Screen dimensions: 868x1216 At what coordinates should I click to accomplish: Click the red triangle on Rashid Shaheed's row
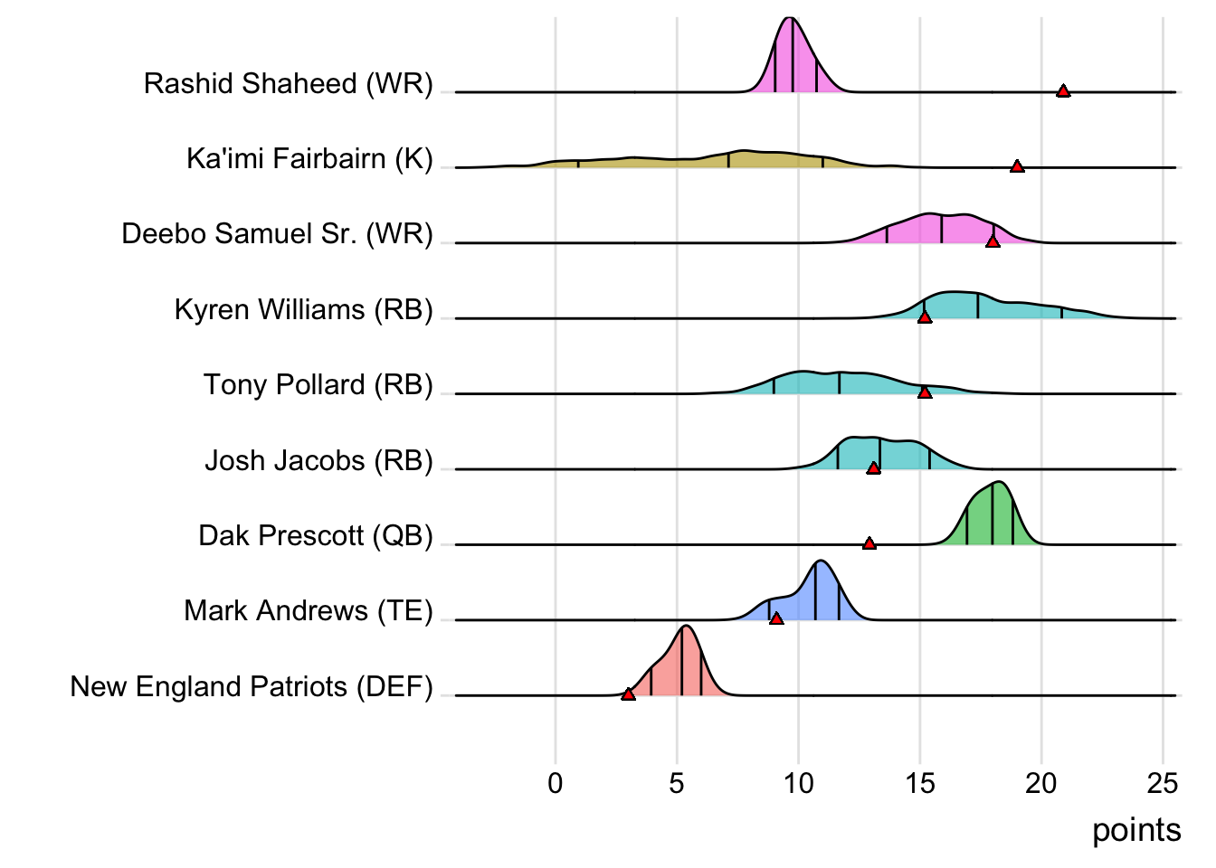point(1063,90)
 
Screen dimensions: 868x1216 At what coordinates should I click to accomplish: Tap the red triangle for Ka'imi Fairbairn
point(1017,166)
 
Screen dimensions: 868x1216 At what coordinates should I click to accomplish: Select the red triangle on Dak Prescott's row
point(869,543)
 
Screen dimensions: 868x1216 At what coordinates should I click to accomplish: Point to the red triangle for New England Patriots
point(628,693)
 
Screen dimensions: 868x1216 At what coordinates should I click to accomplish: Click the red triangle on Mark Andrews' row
point(776,618)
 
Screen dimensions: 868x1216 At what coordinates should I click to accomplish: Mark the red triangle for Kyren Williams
point(924,317)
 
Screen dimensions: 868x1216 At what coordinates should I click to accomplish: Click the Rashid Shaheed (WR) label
point(288,84)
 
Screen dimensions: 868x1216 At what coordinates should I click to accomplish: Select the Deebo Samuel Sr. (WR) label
point(277,234)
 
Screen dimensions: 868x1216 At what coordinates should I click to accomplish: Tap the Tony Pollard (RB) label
point(318,385)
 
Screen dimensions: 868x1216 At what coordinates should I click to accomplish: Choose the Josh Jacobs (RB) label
point(318,461)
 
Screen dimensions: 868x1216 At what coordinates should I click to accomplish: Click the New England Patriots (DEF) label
point(252,687)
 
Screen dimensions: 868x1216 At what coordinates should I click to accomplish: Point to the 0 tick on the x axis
point(556,783)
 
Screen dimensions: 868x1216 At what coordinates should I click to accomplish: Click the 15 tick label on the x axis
point(920,783)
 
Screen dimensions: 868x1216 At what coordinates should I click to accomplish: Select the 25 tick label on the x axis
point(1163,783)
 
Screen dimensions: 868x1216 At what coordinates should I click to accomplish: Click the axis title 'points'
point(1136,830)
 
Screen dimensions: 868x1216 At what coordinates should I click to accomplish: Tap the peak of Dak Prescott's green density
point(996,482)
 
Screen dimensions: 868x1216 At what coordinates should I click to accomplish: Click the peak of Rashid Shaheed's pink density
point(790,18)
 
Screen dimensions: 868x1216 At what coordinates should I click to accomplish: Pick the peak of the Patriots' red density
point(686,626)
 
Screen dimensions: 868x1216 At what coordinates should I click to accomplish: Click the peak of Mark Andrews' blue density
point(820,561)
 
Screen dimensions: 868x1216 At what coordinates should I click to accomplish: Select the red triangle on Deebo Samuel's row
point(993,241)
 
